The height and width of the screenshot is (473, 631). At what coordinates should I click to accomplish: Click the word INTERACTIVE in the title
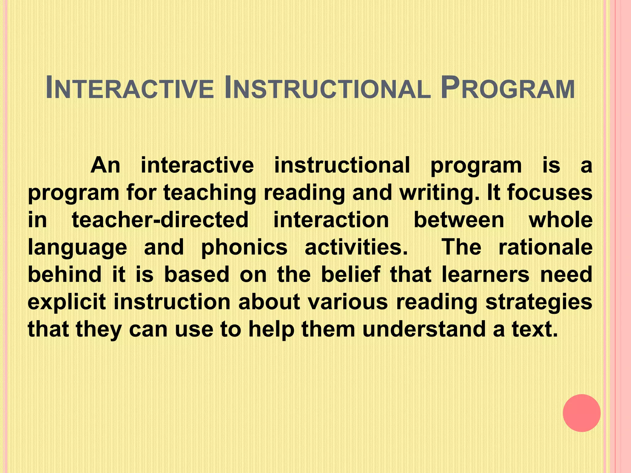pyautogui.click(x=129, y=88)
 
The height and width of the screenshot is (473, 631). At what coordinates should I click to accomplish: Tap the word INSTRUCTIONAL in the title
pyautogui.click(x=328, y=88)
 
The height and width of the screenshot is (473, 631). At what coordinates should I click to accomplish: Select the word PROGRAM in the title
pyautogui.click(x=508, y=88)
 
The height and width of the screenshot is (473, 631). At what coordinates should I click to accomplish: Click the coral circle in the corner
pyautogui.click(x=581, y=413)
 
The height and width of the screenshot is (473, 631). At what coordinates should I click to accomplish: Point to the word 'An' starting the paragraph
pyautogui.click(x=105, y=165)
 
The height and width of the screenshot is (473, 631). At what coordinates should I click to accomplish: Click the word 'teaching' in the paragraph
pyautogui.click(x=210, y=193)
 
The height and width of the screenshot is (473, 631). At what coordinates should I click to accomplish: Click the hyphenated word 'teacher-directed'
pyautogui.click(x=160, y=220)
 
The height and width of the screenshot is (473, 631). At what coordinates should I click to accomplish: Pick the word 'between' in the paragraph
pyautogui.click(x=459, y=220)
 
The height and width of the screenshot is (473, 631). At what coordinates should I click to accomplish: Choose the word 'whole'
pyautogui.click(x=560, y=220)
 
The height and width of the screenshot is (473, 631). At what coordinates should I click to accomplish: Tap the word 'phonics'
pyautogui.click(x=244, y=247)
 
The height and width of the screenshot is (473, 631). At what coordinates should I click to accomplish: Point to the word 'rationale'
pyautogui.click(x=545, y=247)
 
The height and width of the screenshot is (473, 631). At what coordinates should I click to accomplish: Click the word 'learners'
pyautogui.click(x=486, y=274)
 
